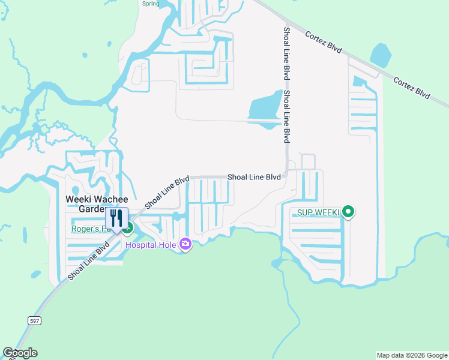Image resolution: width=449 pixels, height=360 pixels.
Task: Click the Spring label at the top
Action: (151, 4)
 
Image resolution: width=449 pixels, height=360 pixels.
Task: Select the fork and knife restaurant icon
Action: (116, 217)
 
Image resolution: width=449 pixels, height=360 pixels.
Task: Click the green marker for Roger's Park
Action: (127, 227)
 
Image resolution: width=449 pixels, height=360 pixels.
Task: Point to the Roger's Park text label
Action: (90, 229)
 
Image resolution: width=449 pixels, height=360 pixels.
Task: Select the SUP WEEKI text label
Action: (318, 212)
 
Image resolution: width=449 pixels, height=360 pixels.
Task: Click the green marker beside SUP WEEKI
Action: (348, 212)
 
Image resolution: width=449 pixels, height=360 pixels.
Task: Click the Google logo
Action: (20, 353)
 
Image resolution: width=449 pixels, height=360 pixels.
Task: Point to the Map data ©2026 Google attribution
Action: (412, 355)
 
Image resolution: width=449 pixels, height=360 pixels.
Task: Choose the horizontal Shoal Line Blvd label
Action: (254, 177)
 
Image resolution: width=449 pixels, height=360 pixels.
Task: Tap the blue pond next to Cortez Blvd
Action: (381, 55)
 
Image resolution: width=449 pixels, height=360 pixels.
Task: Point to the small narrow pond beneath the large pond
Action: (264, 125)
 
